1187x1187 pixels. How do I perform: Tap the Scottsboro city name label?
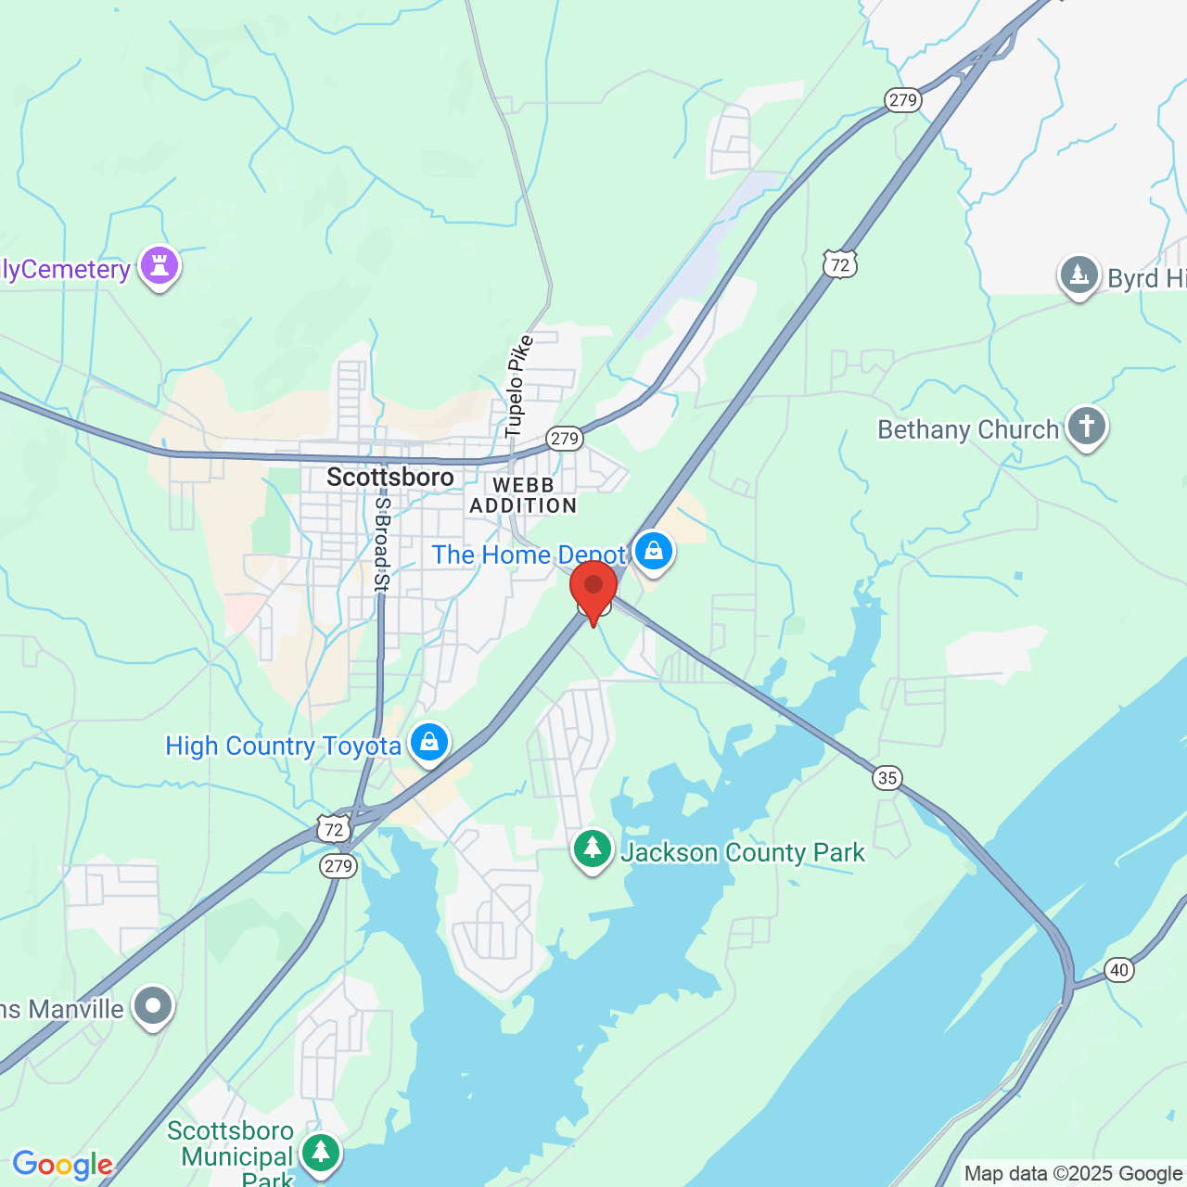[390, 478]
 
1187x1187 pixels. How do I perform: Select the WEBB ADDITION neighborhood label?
[523, 496]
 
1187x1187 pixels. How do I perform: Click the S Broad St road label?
[381, 544]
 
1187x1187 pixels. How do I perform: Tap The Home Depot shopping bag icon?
[654, 552]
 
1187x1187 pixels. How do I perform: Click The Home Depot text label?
[529, 555]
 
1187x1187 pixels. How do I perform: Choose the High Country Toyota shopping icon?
[429, 743]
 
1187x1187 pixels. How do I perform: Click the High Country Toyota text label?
[283, 746]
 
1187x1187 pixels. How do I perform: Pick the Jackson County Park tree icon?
[593, 849]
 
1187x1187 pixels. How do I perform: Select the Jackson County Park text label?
[743, 852]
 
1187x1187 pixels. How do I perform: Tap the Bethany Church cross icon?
[1087, 427]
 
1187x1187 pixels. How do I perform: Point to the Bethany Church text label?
[968, 430]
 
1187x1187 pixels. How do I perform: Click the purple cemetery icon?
[160, 266]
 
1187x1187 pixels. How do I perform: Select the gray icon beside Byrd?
[1079, 275]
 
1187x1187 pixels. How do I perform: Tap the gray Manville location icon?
[153, 1006]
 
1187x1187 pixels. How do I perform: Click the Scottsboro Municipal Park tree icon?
[321, 1152]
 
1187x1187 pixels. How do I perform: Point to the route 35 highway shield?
[887, 777]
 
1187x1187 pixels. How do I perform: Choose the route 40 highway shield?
[1119, 970]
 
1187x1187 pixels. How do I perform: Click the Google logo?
[62, 1165]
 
